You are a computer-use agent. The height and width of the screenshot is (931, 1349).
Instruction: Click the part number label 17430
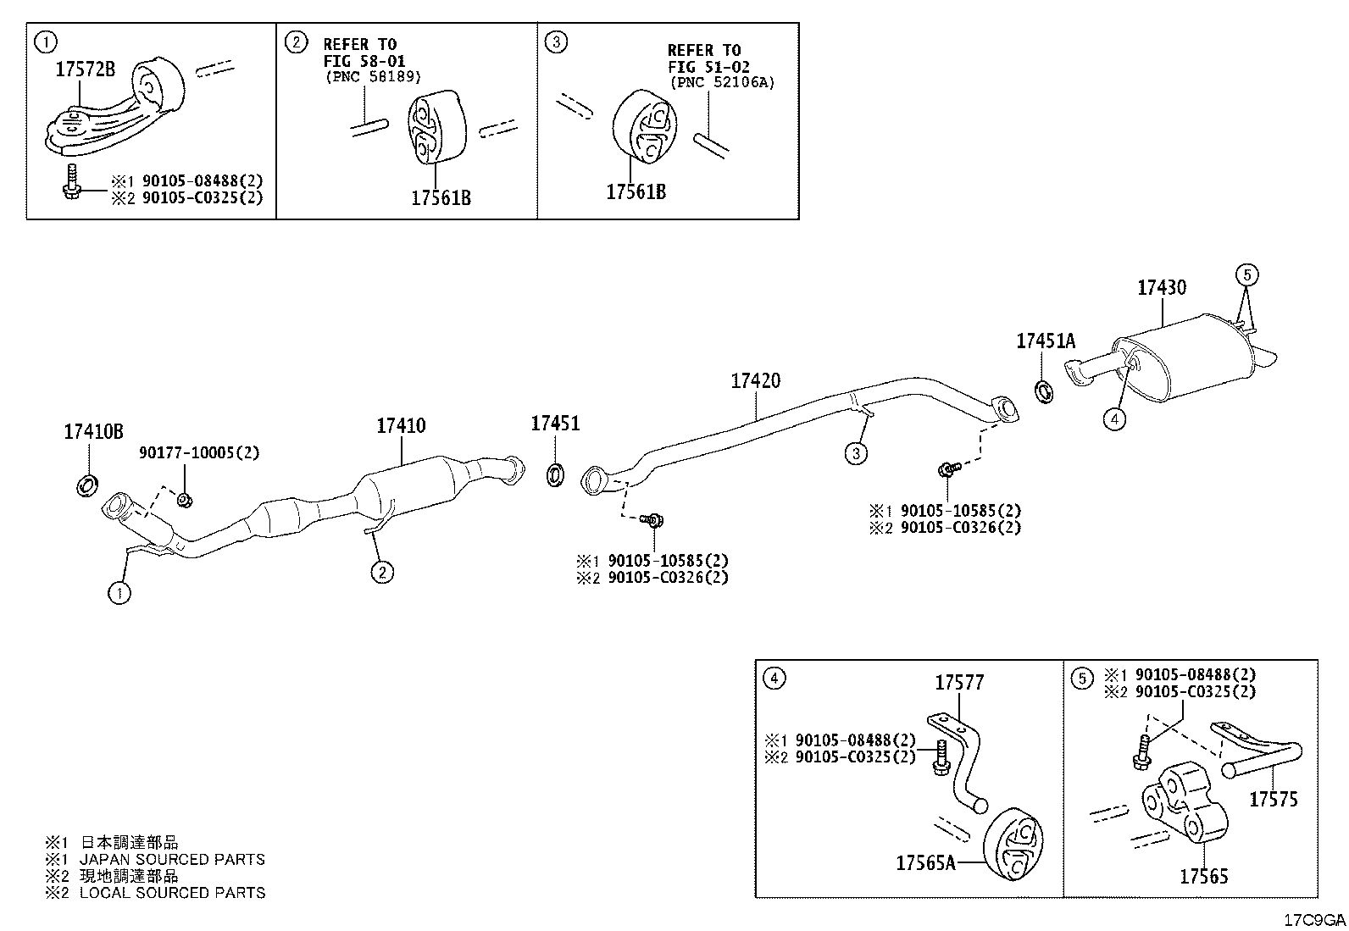[x=1161, y=288]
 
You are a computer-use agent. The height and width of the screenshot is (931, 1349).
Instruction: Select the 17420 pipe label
[x=755, y=380]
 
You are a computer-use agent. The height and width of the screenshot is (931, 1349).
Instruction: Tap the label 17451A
[x=1046, y=341]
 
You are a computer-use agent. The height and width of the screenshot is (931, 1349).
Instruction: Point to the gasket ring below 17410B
[x=88, y=485]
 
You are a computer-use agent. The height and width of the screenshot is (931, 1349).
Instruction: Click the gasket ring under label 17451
[x=555, y=474]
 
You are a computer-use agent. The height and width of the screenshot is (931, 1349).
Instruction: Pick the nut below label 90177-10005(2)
[x=185, y=499]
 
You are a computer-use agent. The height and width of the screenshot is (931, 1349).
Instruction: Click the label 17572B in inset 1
[x=85, y=69]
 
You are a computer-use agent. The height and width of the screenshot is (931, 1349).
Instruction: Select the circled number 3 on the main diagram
[x=856, y=453]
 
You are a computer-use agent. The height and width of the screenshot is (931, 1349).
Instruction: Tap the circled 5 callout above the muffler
[x=1246, y=275]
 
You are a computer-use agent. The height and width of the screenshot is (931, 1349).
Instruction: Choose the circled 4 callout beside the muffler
[x=1114, y=418]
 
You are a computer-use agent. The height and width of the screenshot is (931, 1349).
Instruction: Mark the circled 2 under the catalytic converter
[x=382, y=572]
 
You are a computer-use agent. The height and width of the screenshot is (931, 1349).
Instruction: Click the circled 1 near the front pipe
[x=119, y=593]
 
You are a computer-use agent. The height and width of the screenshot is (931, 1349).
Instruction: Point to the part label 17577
[x=959, y=683]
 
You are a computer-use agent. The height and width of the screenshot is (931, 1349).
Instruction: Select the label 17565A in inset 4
[x=925, y=863]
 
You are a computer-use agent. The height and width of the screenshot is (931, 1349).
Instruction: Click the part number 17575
[x=1273, y=799]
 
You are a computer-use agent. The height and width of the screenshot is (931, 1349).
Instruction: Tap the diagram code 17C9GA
[x=1314, y=920]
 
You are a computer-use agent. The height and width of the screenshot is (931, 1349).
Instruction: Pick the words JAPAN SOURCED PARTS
[x=172, y=859]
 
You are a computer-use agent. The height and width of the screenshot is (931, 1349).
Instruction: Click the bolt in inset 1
[x=71, y=182]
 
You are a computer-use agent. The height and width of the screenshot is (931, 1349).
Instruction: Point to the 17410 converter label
[x=401, y=426]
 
